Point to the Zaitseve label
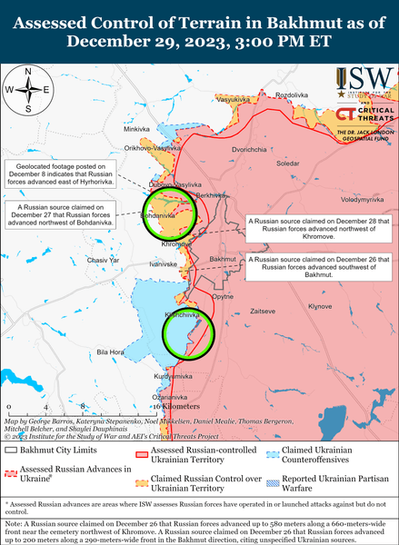(x=263, y=311)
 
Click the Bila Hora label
(x=110, y=352)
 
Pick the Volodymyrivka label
(x=363, y=198)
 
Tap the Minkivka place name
(x=136, y=130)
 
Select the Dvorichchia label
(x=249, y=149)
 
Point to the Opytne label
(x=223, y=297)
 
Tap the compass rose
(x=28, y=90)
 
